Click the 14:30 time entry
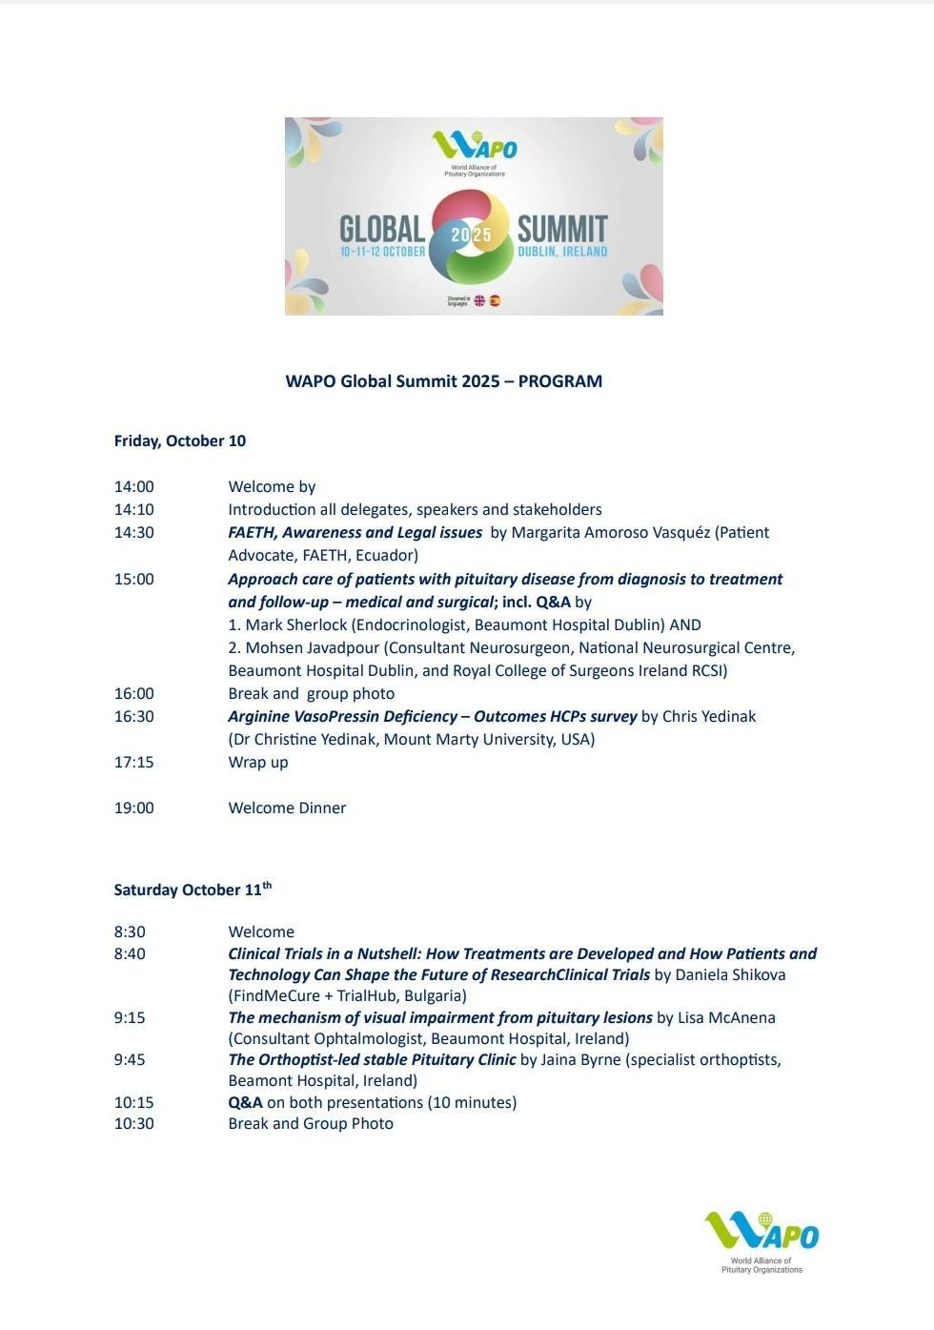[133, 532]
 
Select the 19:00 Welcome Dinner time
[133, 808]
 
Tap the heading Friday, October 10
[179, 440]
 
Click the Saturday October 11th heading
[193, 890]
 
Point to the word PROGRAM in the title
[559, 381]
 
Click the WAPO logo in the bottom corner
[761, 1238]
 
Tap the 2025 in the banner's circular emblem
[472, 235]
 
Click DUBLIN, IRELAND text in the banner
[562, 252]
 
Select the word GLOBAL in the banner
[382, 229]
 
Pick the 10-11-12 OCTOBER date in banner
[382, 252]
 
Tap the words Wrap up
[257, 762]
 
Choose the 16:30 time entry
[133, 716]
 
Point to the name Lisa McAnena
[726, 1017]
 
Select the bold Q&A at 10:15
[245, 1102]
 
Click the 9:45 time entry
[130, 1059]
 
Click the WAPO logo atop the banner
[474, 148]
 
